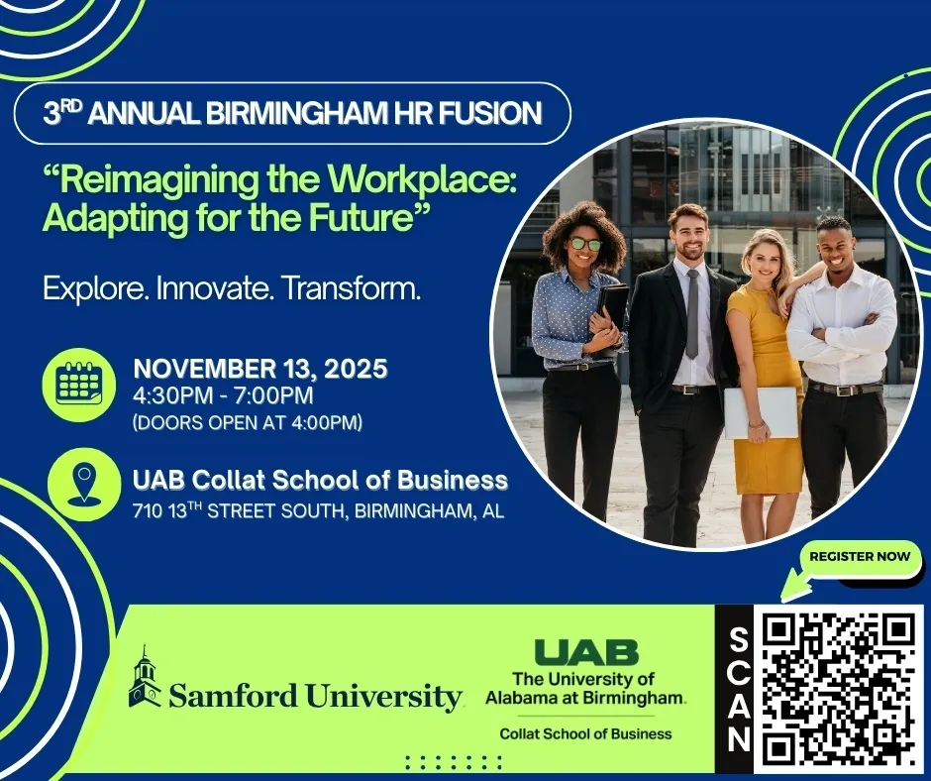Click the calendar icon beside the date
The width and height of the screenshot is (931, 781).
(x=78, y=384)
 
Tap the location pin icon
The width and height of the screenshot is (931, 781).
(x=84, y=485)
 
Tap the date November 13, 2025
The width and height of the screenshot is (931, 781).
(x=260, y=369)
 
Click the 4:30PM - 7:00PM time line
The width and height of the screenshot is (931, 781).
(x=223, y=395)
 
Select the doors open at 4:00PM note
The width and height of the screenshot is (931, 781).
(x=248, y=422)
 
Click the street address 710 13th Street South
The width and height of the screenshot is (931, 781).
(x=240, y=510)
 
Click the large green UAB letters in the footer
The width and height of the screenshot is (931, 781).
(x=586, y=652)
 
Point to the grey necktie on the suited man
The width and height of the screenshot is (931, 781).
(x=692, y=314)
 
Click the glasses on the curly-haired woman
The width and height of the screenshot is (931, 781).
(x=584, y=244)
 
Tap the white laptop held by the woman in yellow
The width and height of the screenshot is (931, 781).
(x=761, y=413)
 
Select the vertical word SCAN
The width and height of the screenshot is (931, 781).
(x=738, y=690)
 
